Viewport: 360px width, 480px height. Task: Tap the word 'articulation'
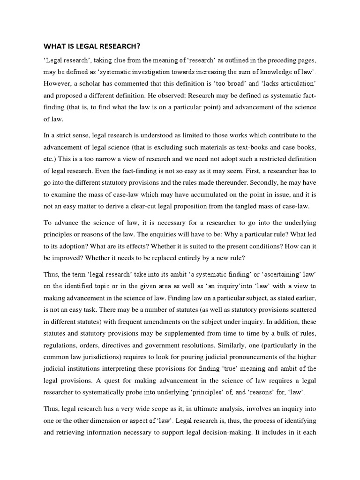[298, 83]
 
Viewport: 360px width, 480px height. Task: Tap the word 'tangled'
[232, 206]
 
